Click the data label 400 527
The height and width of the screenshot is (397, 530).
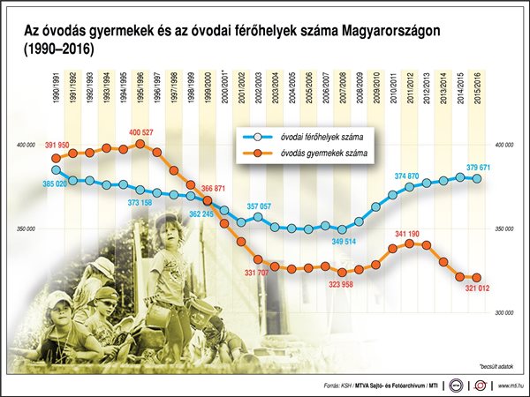tap(141, 132)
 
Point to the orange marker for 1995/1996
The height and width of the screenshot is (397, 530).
tap(140, 143)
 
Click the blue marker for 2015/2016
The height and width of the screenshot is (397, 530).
tap(477, 178)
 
